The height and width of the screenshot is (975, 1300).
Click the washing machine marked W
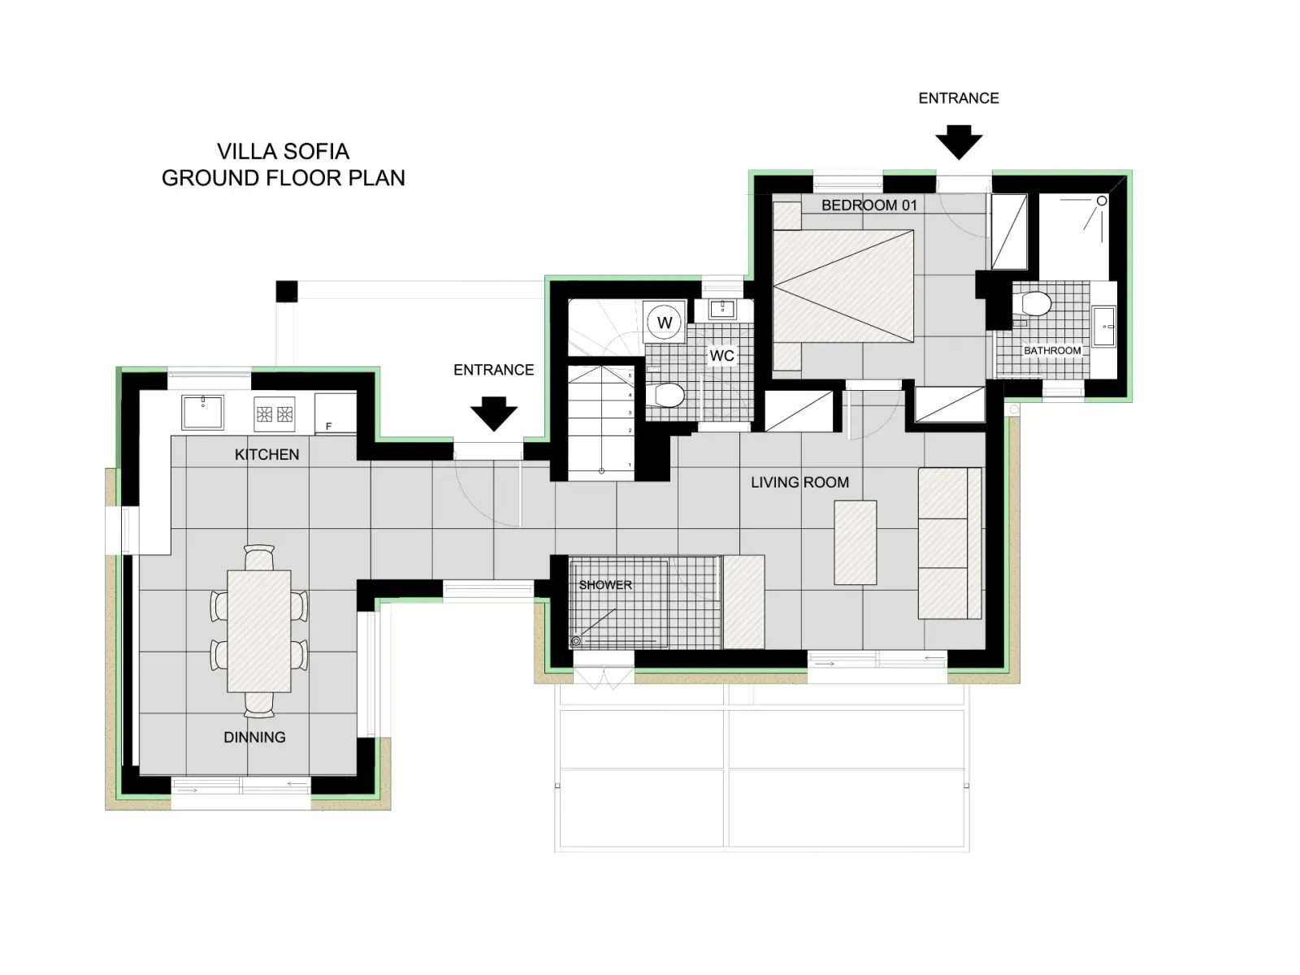[x=665, y=323]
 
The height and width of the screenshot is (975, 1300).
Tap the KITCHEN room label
[x=266, y=455]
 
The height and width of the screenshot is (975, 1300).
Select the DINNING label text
[x=254, y=737]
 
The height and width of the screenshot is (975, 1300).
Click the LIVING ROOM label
[x=799, y=483]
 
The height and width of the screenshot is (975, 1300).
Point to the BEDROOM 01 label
[x=869, y=206]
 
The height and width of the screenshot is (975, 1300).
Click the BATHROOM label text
[x=1052, y=350]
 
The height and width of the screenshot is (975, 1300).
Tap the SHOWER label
[x=605, y=585]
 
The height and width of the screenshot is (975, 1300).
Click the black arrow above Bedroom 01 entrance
[x=959, y=142]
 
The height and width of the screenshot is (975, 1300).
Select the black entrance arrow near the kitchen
[x=494, y=414]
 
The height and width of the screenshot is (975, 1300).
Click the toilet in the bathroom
[x=1032, y=304]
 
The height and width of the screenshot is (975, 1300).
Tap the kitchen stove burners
[x=275, y=414]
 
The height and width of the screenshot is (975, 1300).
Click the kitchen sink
[x=202, y=412]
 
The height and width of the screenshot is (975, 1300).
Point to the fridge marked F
[x=336, y=414]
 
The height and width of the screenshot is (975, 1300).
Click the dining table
[x=259, y=631]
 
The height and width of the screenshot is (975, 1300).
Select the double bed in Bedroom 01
[x=843, y=286]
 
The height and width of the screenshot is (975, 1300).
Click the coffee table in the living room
[x=856, y=543]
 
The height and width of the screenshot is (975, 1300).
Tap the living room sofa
[x=950, y=544]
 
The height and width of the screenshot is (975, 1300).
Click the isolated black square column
[x=287, y=291]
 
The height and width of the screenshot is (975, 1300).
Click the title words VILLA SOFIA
[x=283, y=152]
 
